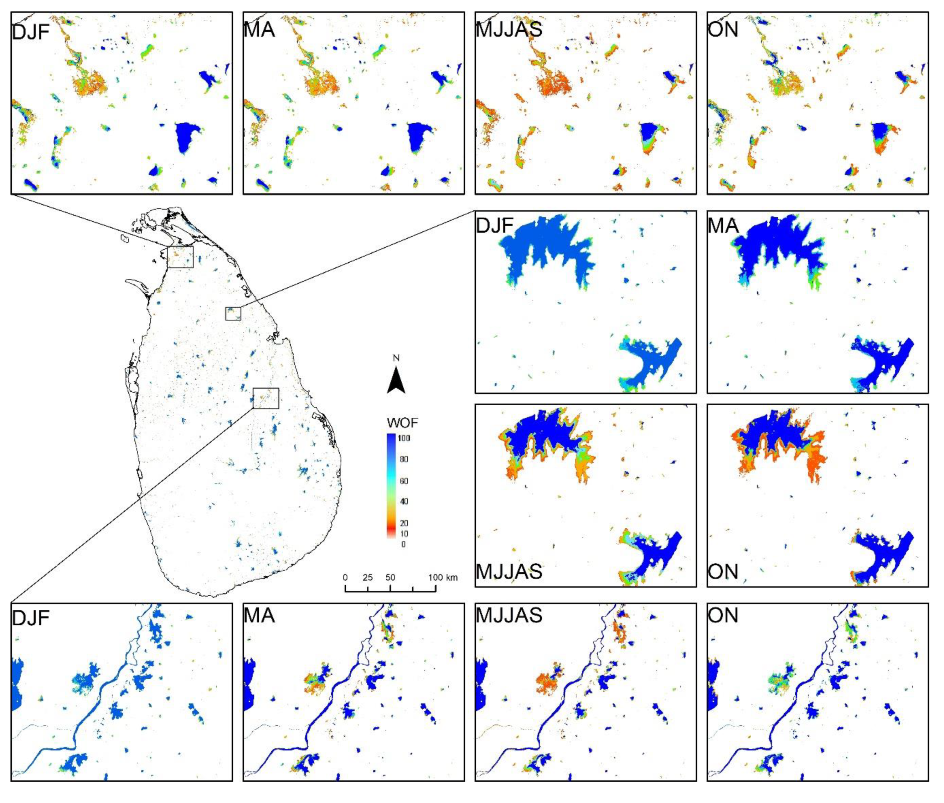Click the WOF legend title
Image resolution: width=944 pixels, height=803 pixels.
pos(402,423)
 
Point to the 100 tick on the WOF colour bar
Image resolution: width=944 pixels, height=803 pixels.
pos(404,438)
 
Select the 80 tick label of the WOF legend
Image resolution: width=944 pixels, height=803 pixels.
pos(404,459)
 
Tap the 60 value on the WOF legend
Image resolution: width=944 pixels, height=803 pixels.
pos(404,481)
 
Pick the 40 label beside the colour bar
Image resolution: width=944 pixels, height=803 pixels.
pos(404,501)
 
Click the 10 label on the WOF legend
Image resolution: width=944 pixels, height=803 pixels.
pos(404,534)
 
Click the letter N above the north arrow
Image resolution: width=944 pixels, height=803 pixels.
pos(396,358)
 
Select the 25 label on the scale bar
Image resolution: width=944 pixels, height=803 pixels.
pos(367,578)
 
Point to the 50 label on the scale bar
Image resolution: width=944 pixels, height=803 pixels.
pos(390,578)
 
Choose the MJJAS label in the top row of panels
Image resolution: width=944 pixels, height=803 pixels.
pos(509,30)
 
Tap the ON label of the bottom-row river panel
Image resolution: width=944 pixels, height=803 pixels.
pos(723,616)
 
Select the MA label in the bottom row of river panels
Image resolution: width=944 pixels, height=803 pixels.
pos(259,616)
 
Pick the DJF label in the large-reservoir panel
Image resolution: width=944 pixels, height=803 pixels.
pos(494,226)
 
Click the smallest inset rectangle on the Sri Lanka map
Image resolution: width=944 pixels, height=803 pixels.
pos(233,314)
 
